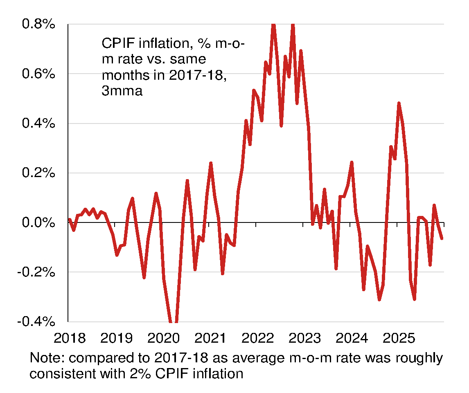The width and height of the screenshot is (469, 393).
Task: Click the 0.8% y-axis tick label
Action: (x=38, y=25)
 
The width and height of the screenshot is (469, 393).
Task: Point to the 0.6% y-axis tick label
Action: (x=38, y=74)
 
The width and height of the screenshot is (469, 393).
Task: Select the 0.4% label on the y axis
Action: (x=38, y=124)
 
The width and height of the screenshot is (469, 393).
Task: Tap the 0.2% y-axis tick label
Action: (x=38, y=173)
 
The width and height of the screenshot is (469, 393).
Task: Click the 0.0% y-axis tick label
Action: (x=38, y=222)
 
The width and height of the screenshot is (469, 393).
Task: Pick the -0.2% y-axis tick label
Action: (x=36, y=272)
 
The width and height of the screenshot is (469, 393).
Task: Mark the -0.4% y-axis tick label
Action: (x=36, y=321)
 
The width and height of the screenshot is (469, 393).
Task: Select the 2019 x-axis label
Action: (x=117, y=339)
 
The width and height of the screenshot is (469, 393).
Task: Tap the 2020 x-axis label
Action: (x=164, y=339)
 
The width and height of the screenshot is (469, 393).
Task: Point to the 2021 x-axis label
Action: (x=210, y=339)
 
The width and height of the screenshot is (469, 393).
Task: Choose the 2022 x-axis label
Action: (x=257, y=339)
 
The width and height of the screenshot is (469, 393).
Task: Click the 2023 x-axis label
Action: (x=304, y=339)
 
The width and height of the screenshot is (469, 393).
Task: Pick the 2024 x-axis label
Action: (x=351, y=339)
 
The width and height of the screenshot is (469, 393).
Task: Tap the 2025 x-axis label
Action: (x=398, y=339)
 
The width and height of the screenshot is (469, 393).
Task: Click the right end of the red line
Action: (x=442, y=238)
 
